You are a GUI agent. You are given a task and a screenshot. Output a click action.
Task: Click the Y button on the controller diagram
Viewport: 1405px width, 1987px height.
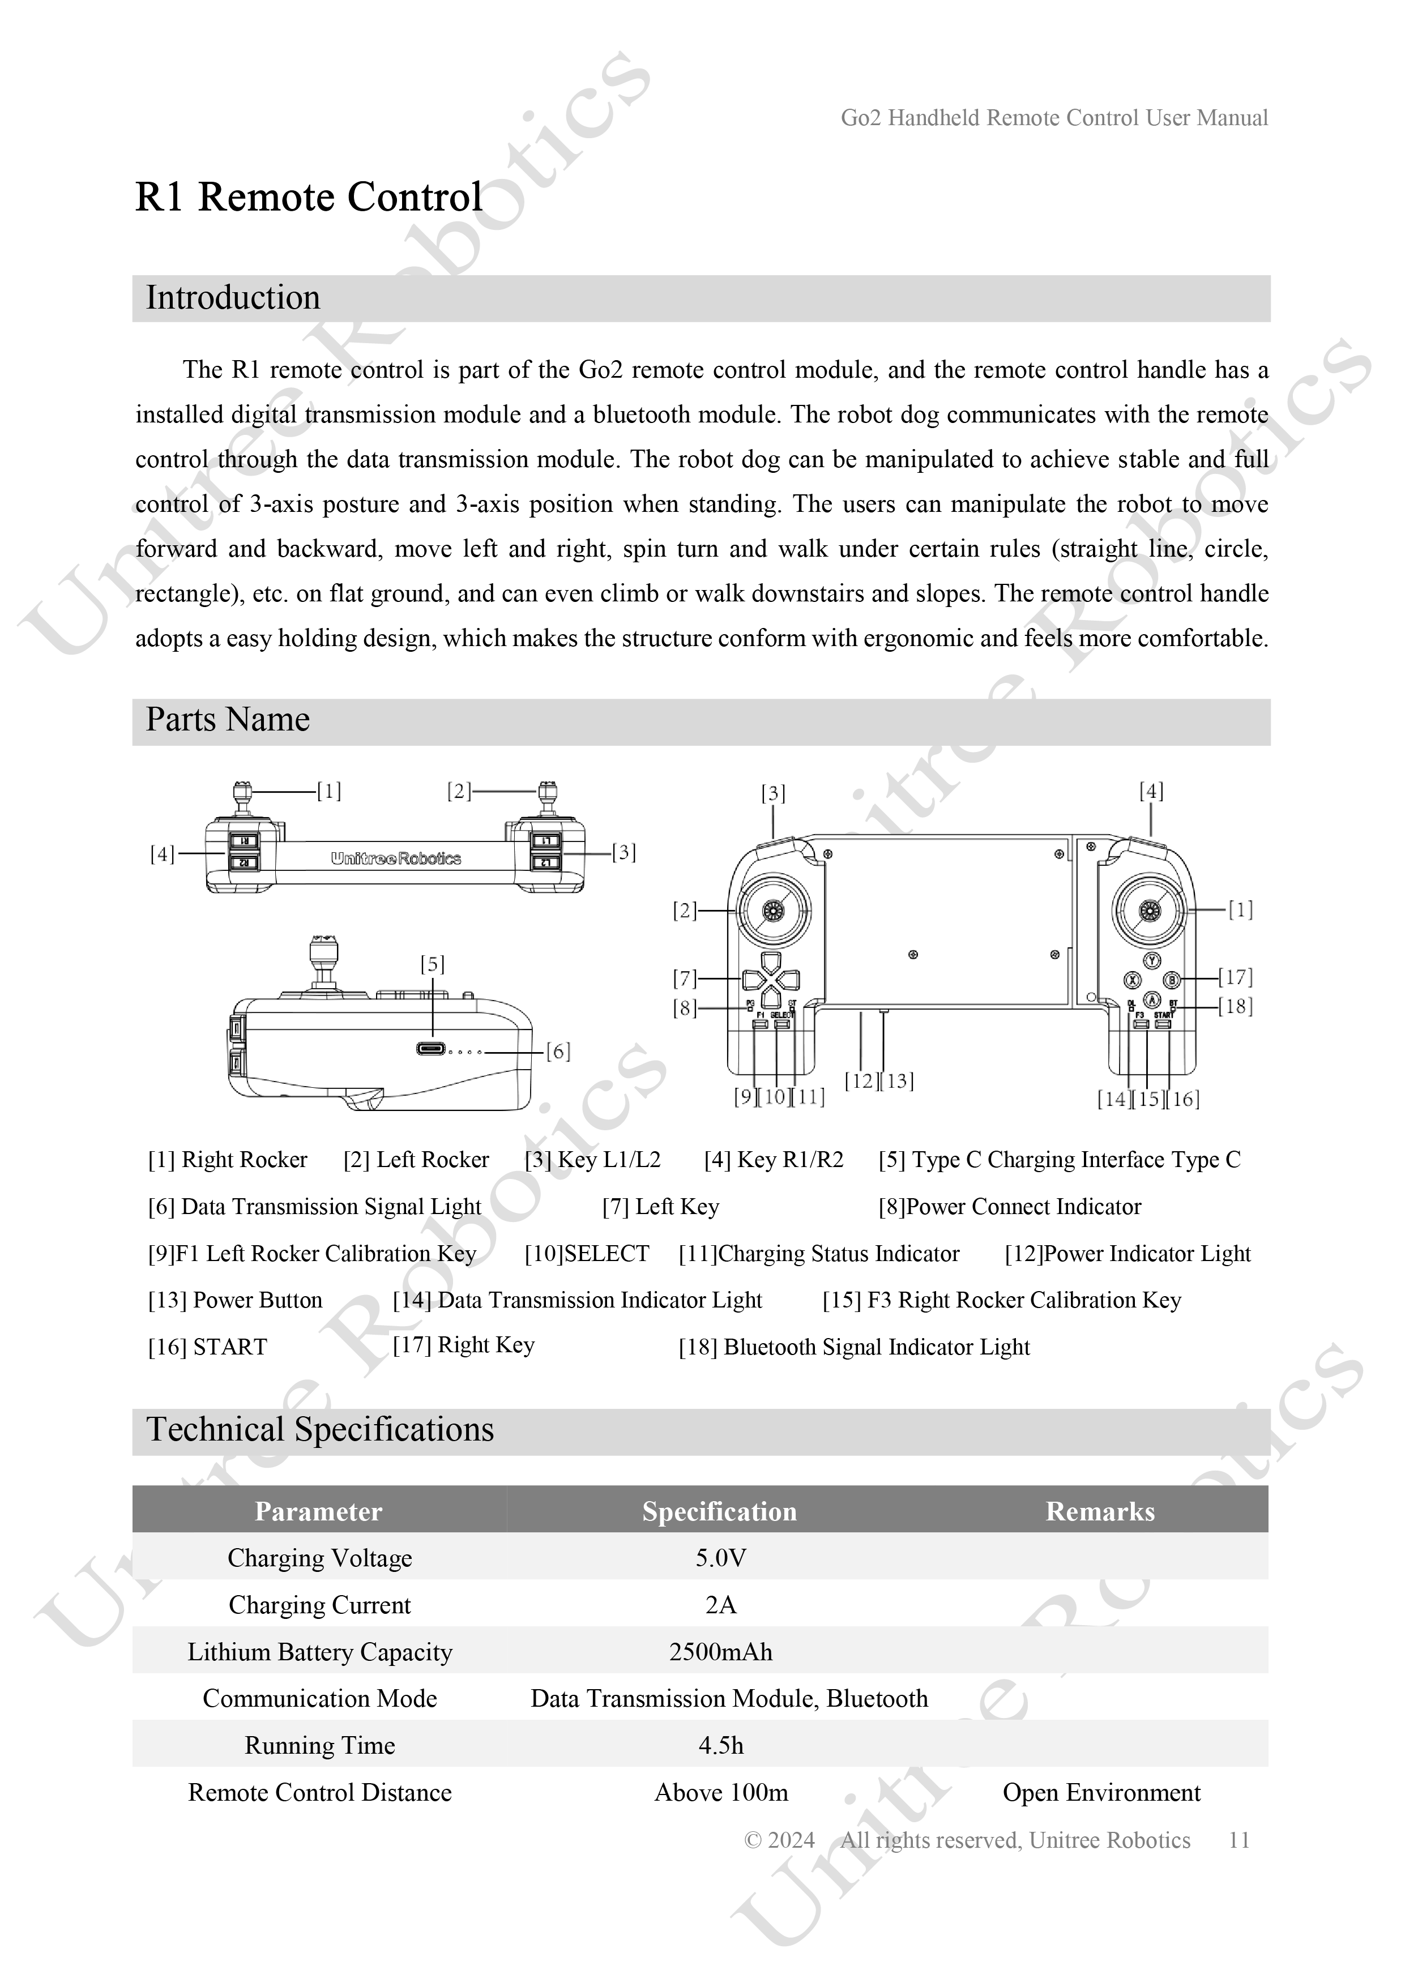pos(1152,960)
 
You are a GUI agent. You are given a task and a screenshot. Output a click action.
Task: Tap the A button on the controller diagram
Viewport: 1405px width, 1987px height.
pos(1152,999)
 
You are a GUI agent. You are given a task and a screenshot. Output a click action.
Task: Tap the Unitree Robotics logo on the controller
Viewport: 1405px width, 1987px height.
pos(396,858)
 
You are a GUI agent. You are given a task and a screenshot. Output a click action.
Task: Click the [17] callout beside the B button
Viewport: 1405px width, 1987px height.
pos(1235,977)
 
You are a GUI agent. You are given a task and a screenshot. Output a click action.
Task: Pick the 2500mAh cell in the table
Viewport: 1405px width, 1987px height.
pos(720,1652)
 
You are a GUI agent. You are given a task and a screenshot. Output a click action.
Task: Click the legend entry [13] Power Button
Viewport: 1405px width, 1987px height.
pos(236,1300)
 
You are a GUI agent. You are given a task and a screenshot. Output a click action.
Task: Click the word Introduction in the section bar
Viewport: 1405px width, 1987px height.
pos(233,298)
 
